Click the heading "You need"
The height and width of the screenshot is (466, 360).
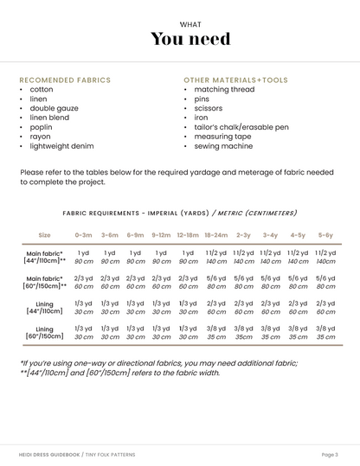[x=190, y=39]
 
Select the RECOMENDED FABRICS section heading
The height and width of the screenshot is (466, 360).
[x=65, y=80]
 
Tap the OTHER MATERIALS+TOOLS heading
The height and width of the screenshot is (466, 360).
[x=234, y=80]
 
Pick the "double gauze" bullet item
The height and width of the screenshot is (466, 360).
[x=54, y=108]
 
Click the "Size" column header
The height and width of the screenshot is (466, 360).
[x=44, y=234]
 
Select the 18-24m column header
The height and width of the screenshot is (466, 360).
[x=215, y=234]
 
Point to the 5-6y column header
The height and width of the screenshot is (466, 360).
[x=325, y=234]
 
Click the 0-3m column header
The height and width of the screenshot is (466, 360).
[x=84, y=234]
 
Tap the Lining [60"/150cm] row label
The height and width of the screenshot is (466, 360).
[x=44, y=333]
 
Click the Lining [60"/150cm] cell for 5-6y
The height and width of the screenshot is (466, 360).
[x=325, y=333]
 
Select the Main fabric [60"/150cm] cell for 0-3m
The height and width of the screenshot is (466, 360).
[x=84, y=282]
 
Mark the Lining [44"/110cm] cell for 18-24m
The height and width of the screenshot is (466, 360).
[x=215, y=308]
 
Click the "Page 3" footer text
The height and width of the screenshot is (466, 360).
[x=329, y=454]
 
